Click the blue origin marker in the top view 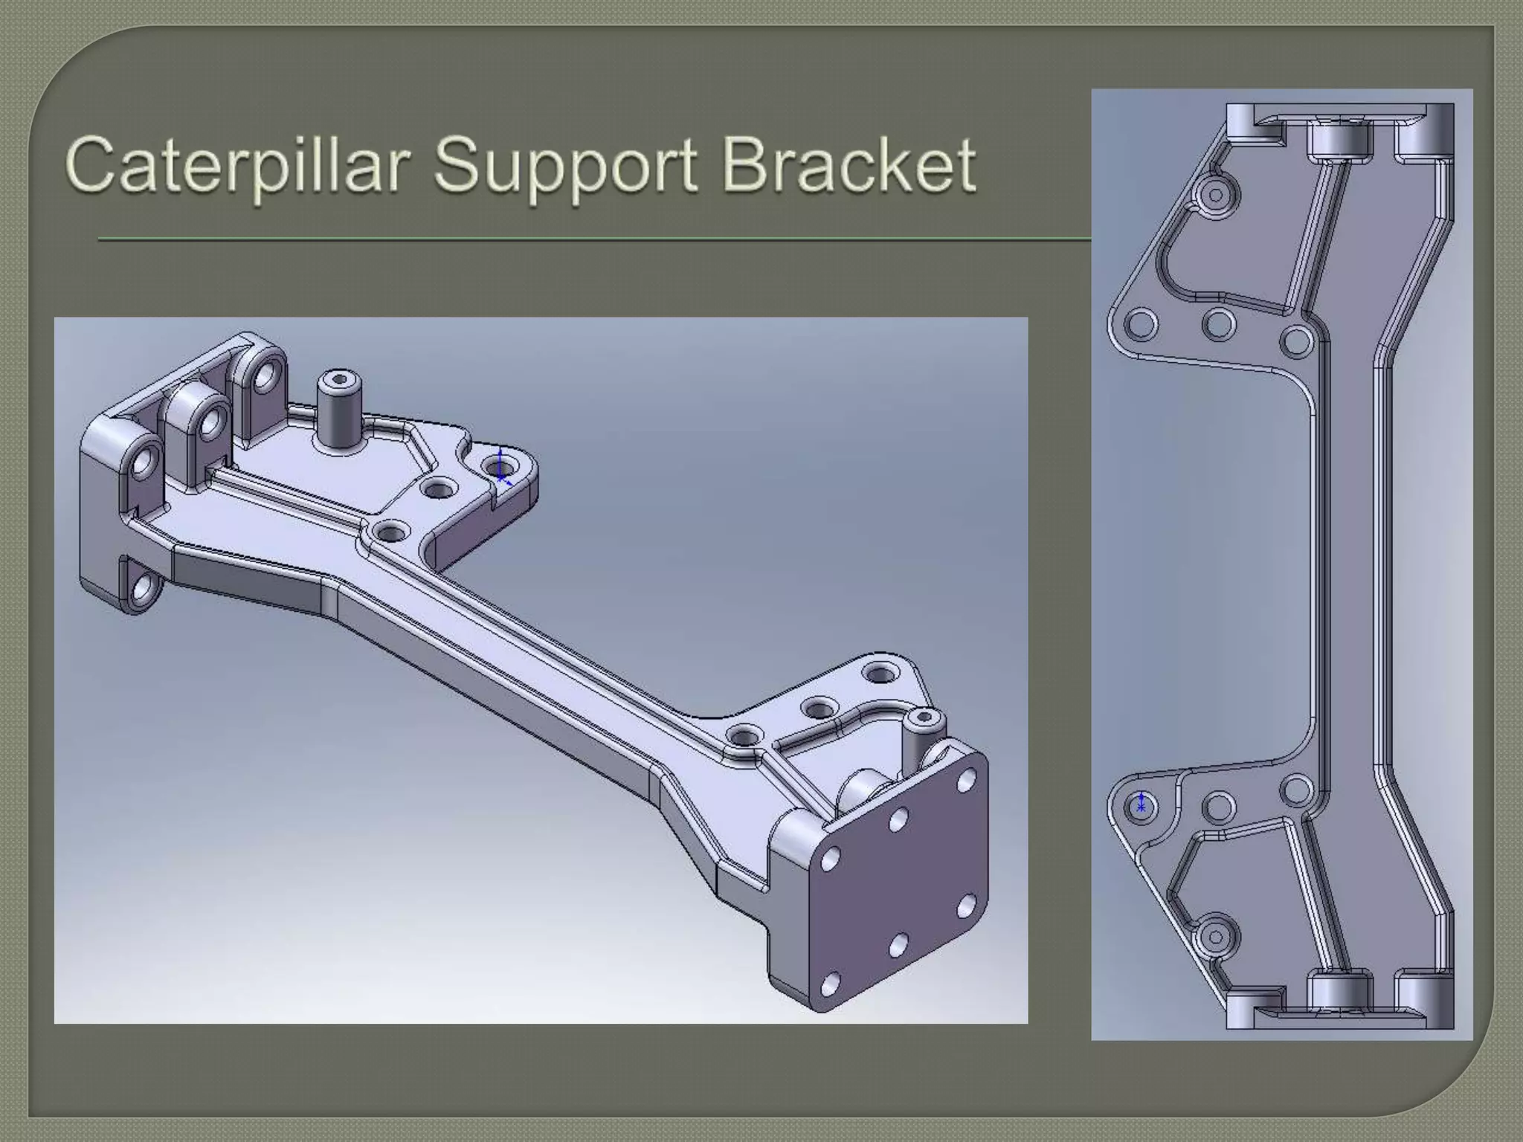tap(1142, 804)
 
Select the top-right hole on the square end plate tap(966, 781)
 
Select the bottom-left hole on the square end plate tap(831, 984)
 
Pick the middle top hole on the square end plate tap(898, 820)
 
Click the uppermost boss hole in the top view tap(1216, 196)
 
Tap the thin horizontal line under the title tap(595, 239)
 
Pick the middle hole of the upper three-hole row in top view tap(1219, 324)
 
